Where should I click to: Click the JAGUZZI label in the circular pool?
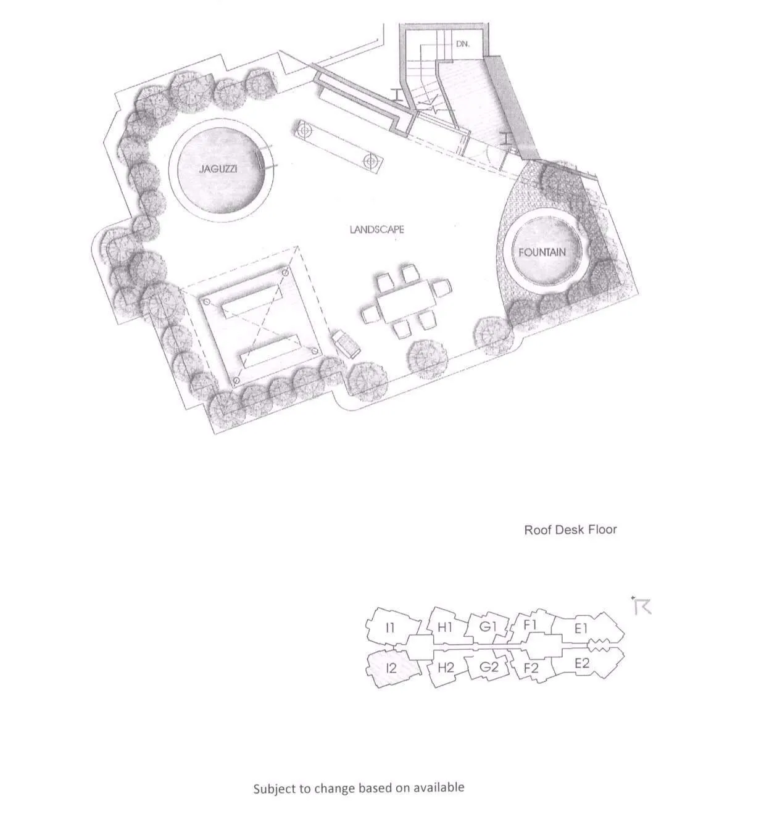(x=218, y=168)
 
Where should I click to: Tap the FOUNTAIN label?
(x=542, y=252)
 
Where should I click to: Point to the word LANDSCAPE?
(x=376, y=230)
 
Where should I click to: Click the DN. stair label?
(x=463, y=44)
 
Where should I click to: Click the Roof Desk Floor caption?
(x=570, y=529)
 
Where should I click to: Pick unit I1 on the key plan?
(x=389, y=628)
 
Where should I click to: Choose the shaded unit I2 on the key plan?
(x=391, y=668)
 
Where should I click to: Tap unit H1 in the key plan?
(x=445, y=628)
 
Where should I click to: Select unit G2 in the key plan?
(x=489, y=667)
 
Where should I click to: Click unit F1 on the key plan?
(x=530, y=625)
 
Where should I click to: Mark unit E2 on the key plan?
(x=582, y=664)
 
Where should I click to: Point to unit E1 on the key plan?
(x=581, y=629)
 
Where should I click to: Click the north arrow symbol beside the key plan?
(x=642, y=606)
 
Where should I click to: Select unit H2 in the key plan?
(x=446, y=668)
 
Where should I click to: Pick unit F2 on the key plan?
(x=531, y=668)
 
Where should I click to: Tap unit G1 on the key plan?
(x=488, y=627)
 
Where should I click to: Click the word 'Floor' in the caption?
(x=602, y=529)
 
